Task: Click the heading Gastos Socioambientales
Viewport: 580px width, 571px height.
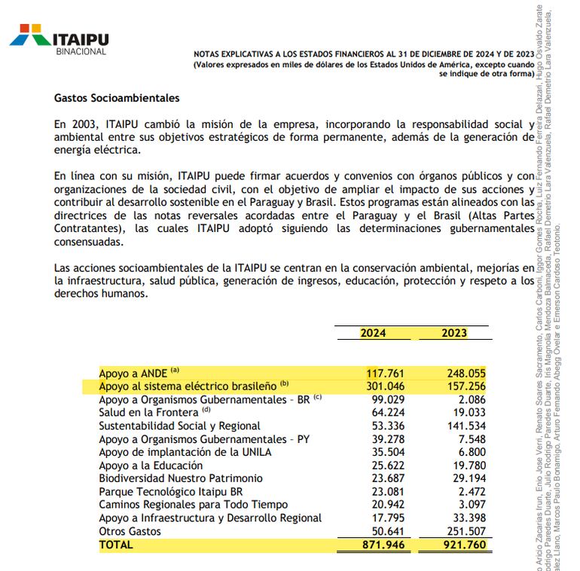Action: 117,98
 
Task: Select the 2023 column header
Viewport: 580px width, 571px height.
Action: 453,333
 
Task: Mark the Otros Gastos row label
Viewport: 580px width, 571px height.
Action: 131,531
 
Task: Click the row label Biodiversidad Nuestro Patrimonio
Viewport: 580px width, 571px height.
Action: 181,478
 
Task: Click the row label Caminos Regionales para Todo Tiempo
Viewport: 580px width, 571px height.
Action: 193,505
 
